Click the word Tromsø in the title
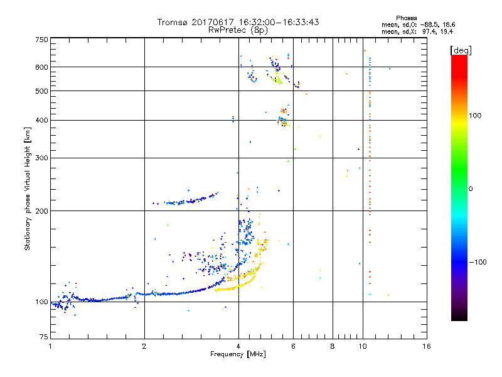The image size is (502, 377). pos(172,23)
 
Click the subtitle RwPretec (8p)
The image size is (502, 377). pos(238,30)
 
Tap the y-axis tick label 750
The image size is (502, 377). pos(41,40)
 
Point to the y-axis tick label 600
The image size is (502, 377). pos(41,67)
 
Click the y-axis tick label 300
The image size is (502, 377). pos(41,158)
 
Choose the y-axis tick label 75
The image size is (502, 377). pos(43,337)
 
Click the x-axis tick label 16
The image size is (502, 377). pos(426,346)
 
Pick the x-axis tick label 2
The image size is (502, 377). pos(144,346)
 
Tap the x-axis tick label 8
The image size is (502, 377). pos(333,346)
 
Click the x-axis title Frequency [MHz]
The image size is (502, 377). pos(238,355)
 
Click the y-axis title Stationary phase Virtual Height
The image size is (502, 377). pos(28,188)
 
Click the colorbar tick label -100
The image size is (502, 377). pos(477,261)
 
